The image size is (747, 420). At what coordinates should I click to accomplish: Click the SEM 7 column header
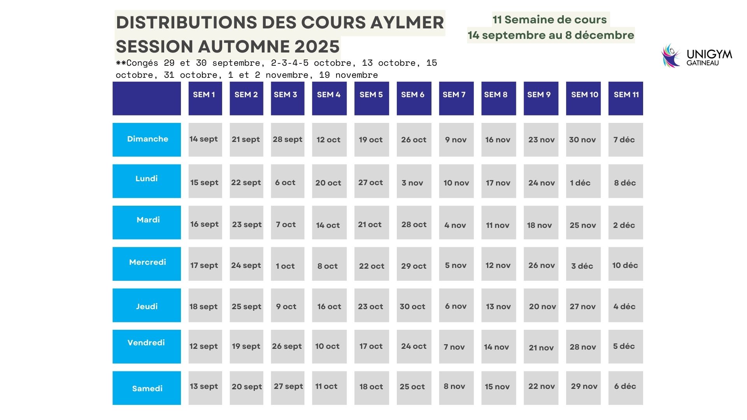(456, 98)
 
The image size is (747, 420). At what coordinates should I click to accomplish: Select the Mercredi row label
(147, 263)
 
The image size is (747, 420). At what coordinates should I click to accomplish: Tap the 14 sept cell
(205, 140)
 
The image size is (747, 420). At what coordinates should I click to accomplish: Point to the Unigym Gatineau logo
(696, 56)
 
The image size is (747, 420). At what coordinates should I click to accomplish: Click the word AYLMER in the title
(407, 23)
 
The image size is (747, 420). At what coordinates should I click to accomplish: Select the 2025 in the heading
(317, 47)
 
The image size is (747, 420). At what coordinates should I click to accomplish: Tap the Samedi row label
(147, 388)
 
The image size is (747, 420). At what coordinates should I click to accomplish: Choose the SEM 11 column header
(625, 98)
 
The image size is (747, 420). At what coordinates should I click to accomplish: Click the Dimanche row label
(147, 140)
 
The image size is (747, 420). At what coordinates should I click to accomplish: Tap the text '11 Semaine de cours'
(549, 19)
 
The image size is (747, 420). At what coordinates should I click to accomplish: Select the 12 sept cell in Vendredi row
(205, 346)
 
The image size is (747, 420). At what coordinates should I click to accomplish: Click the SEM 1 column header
(205, 98)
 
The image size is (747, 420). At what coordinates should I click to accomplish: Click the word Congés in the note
(142, 63)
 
